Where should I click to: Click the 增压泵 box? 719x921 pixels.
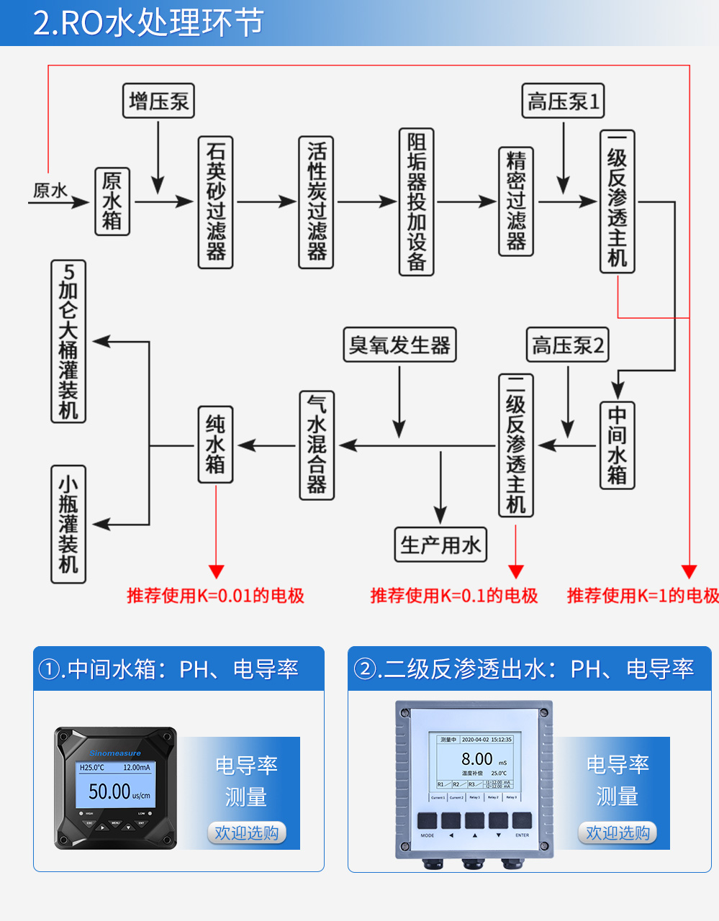pos(159,101)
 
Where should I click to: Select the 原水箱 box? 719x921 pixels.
pos(112,201)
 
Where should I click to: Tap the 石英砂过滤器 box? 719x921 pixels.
pos(216,202)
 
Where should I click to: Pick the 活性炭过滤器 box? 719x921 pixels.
pos(316,202)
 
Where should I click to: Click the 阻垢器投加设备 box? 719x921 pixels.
pos(417,202)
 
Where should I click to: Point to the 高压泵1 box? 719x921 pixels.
pos(563,101)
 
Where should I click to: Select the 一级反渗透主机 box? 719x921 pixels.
pos(618,201)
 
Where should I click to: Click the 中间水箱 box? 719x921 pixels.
pos(618,445)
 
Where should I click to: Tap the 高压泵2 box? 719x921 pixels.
pos(568,345)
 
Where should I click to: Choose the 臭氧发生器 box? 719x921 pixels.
pos(399,345)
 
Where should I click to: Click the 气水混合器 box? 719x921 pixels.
pos(317,445)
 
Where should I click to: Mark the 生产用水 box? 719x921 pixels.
pos(440,545)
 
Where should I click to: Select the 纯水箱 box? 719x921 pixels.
pos(215,445)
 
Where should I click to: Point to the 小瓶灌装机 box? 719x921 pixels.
pos(68,524)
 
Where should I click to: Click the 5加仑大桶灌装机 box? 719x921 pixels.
pos(68,341)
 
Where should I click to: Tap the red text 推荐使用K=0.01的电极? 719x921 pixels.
pos(216,596)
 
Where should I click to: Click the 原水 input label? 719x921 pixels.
pos(50,191)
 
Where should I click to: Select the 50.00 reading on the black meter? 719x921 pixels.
pos(109,791)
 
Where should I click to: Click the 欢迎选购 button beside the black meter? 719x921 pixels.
pos(247,832)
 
